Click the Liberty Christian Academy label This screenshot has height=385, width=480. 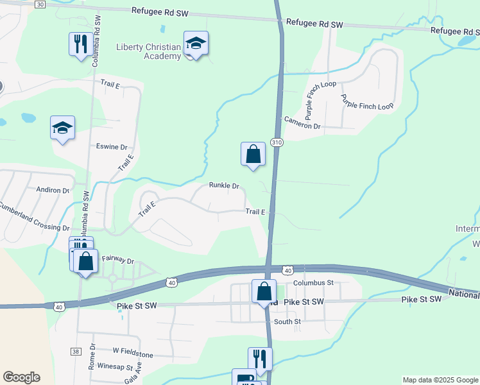pos(148,51)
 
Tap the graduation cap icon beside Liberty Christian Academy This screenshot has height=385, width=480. pos(196,44)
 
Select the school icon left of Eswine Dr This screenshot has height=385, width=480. pos(62,128)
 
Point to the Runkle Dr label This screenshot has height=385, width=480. pos(224,185)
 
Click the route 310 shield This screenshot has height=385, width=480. pos(277,142)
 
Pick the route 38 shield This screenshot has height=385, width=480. pos(76,352)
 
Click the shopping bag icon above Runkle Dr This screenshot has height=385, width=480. pos(253,155)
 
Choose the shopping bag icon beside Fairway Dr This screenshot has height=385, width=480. pos(85,262)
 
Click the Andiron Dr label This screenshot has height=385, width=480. pos(53,190)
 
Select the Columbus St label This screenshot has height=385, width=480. pos(314,282)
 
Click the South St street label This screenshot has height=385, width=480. pos(287,321)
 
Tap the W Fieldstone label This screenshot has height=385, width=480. pos(133,353)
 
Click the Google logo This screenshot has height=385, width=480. pos(21,377)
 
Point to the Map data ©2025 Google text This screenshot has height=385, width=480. pos(440,380)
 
